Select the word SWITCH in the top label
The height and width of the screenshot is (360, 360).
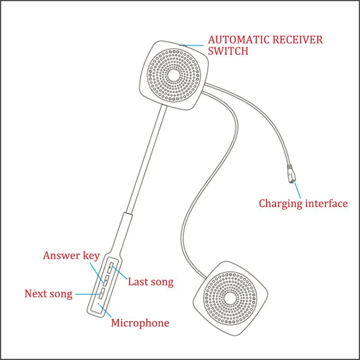tap(228, 51)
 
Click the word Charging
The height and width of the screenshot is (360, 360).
tap(280, 204)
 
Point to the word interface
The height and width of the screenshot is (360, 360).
tap(326, 203)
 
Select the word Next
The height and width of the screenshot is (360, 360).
tap(37, 294)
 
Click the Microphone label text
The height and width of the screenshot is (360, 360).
tap(140, 323)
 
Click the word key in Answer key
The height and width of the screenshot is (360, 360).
tap(91, 256)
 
